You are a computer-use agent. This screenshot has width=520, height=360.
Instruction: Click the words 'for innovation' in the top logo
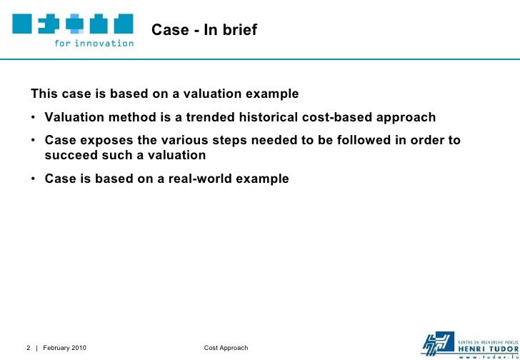[x=94, y=43]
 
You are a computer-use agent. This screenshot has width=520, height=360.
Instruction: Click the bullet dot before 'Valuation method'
[x=34, y=118]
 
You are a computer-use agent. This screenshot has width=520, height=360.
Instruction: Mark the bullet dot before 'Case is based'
[x=34, y=179]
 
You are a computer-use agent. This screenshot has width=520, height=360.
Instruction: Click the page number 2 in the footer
[x=28, y=348]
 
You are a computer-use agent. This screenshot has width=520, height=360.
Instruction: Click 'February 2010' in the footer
[x=65, y=348]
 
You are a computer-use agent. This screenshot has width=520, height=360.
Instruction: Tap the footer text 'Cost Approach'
[x=226, y=348]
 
